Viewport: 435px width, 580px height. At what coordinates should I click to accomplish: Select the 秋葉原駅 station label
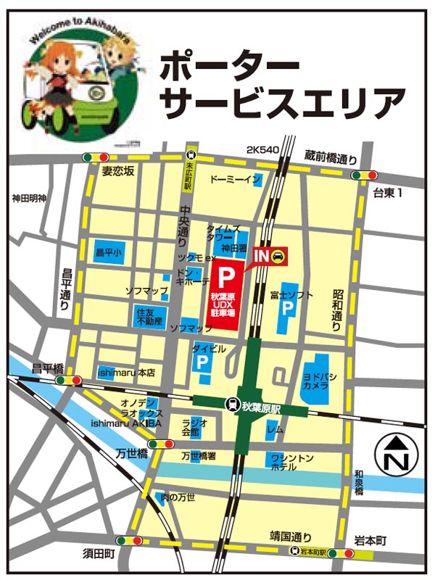pyautogui.click(x=263, y=408)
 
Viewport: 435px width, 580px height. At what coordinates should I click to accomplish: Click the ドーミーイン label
pyautogui.click(x=234, y=178)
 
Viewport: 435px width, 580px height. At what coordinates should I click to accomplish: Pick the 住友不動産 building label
pyautogui.click(x=149, y=316)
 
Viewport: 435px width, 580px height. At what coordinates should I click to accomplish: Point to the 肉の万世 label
pyautogui.click(x=178, y=497)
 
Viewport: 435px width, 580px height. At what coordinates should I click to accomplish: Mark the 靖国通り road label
pyautogui.click(x=291, y=537)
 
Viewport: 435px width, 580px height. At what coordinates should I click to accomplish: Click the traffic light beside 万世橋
pyautogui.click(x=157, y=444)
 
